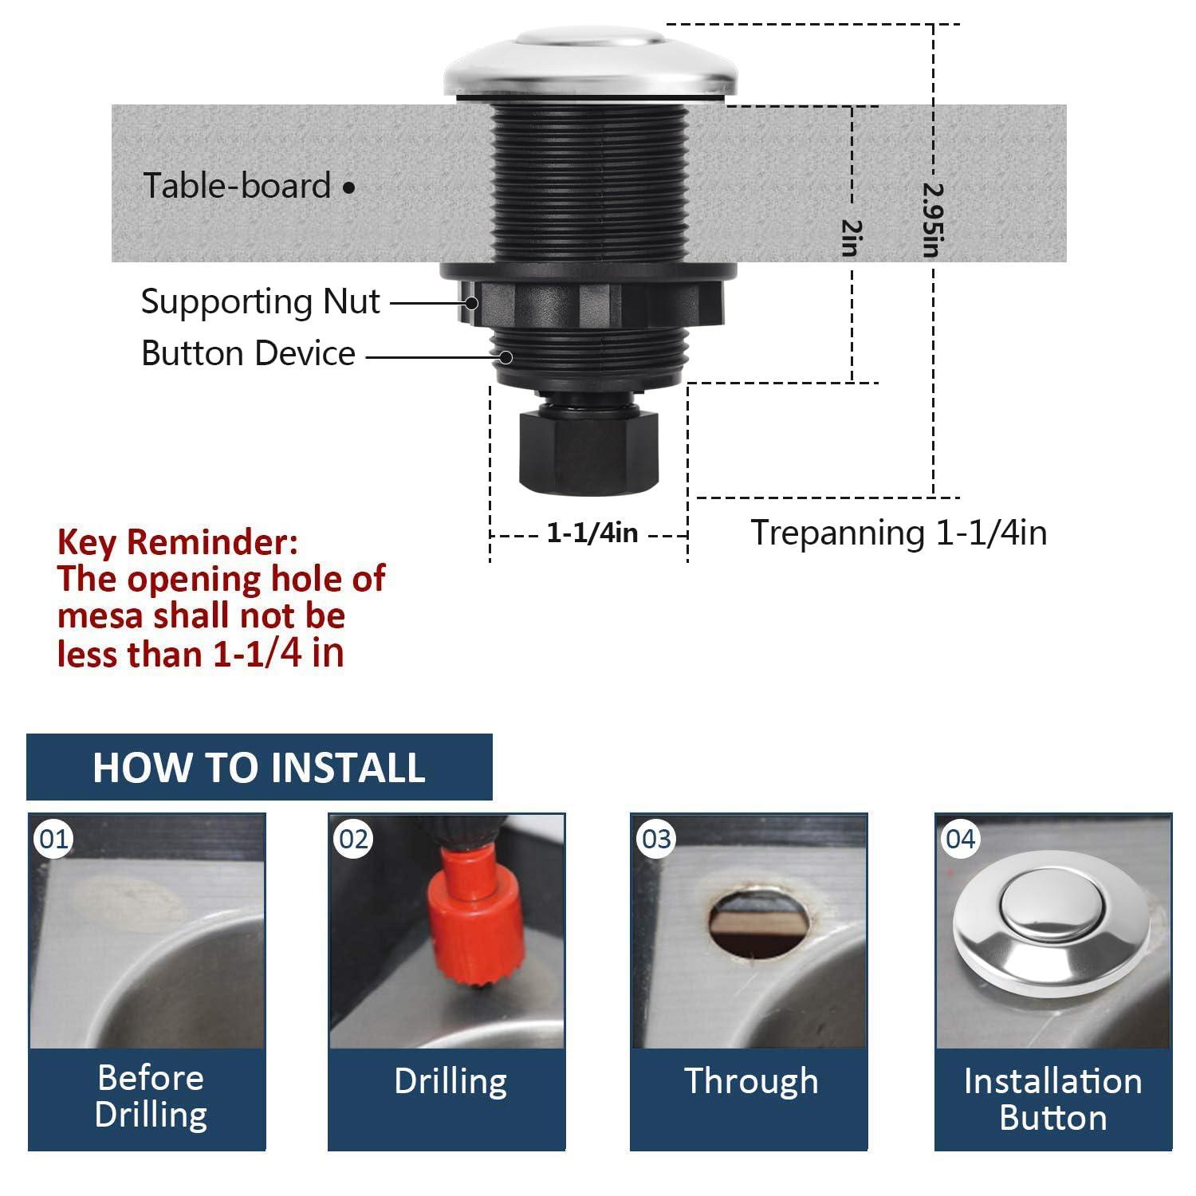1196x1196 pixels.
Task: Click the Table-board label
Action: pyautogui.click(x=237, y=186)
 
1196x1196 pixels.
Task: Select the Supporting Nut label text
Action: pyautogui.click(x=260, y=302)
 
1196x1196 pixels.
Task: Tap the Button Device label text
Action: pyautogui.click(x=248, y=353)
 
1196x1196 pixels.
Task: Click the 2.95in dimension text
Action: pyautogui.click(x=932, y=220)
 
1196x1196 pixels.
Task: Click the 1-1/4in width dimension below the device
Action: pyautogui.click(x=592, y=533)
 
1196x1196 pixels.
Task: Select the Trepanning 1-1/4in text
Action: pyautogui.click(x=899, y=533)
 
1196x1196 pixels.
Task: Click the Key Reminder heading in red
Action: pyautogui.click(x=178, y=543)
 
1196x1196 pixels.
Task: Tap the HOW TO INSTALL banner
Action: pyautogui.click(x=259, y=767)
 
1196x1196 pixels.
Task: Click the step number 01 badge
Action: pyautogui.click(x=53, y=839)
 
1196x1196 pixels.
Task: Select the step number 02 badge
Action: pyautogui.click(x=353, y=839)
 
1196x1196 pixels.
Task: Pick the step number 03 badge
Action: pyautogui.click(x=656, y=839)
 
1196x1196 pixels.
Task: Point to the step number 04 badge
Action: pyautogui.click(x=960, y=839)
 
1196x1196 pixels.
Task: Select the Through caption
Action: pyautogui.click(x=750, y=1082)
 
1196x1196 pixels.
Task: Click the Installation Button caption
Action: pyautogui.click(x=1052, y=1100)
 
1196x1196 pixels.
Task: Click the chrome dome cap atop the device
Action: pyautogui.click(x=591, y=64)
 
